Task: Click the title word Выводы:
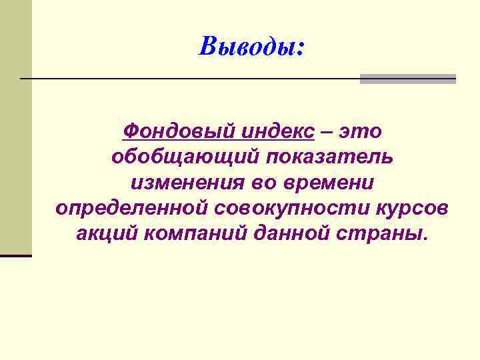(251, 46)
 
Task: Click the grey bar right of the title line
(407, 79)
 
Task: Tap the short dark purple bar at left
(16, 255)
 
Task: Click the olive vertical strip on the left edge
(15, 133)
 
